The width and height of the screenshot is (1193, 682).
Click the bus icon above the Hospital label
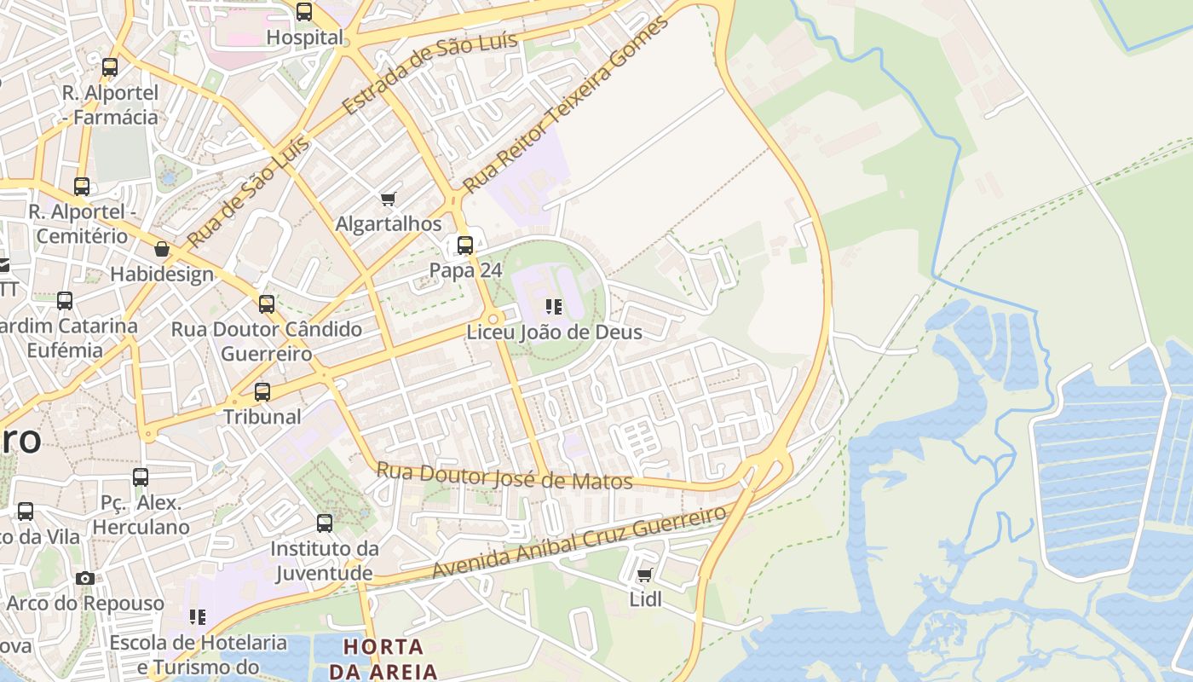304,12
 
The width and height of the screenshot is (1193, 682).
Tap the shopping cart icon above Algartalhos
389,199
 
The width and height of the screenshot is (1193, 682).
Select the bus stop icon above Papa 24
465,246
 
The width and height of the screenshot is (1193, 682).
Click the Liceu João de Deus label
554,332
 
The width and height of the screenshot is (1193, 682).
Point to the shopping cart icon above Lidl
645,575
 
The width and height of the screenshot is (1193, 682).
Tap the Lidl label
645,599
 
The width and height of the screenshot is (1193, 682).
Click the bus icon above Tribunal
262,392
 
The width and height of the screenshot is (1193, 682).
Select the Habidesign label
162,274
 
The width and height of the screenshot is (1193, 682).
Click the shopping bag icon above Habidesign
162,249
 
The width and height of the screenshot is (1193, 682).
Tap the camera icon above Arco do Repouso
84,578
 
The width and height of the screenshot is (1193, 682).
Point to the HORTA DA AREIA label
383,658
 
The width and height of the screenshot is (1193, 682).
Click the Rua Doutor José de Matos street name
504,476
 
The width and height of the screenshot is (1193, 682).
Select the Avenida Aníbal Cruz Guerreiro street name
579,541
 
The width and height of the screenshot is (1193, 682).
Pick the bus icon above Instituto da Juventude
325,523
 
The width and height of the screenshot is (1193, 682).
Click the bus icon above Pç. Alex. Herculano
141,477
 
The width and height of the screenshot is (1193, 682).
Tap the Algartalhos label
389,224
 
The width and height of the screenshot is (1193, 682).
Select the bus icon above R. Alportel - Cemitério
82,186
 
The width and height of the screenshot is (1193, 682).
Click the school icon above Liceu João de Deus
554,306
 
